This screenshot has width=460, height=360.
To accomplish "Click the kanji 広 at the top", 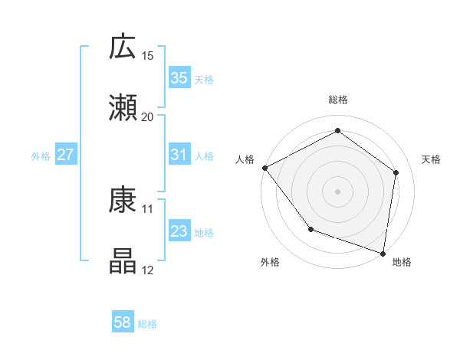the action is pyautogui.click(x=123, y=47).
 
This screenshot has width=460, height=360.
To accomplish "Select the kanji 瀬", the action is pyautogui.click(x=123, y=108).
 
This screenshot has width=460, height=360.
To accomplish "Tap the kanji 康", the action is pyautogui.click(x=123, y=201).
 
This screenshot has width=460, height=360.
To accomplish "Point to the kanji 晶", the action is pyautogui.click(x=123, y=261).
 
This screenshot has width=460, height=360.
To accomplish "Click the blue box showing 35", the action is pyautogui.click(x=179, y=78).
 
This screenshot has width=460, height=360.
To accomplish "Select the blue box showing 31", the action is pyautogui.click(x=179, y=155).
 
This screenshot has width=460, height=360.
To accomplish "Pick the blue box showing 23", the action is pyautogui.click(x=179, y=231).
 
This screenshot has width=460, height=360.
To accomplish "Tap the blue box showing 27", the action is pyautogui.click(x=65, y=155).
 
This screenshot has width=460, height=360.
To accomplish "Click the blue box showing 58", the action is pyautogui.click(x=123, y=322).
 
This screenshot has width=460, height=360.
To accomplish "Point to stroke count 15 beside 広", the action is pyautogui.click(x=148, y=56).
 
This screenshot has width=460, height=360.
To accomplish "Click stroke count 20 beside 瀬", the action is pyautogui.click(x=148, y=116).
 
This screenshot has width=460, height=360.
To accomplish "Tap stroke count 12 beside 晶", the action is pyautogui.click(x=148, y=270).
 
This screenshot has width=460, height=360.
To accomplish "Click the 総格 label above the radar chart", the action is pyautogui.click(x=337, y=100).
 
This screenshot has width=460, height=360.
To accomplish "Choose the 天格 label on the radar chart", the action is pyautogui.click(x=432, y=159).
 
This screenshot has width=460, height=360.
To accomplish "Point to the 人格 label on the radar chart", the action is pyautogui.click(x=245, y=159).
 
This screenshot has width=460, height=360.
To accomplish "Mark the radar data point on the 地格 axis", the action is pyautogui.click(x=383, y=253).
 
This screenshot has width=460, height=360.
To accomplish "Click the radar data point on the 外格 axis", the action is pyautogui.click(x=310, y=229).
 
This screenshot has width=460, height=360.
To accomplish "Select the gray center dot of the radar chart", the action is pyautogui.click(x=337, y=191).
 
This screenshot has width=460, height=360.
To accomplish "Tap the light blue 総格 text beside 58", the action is pyautogui.click(x=147, y=324).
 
